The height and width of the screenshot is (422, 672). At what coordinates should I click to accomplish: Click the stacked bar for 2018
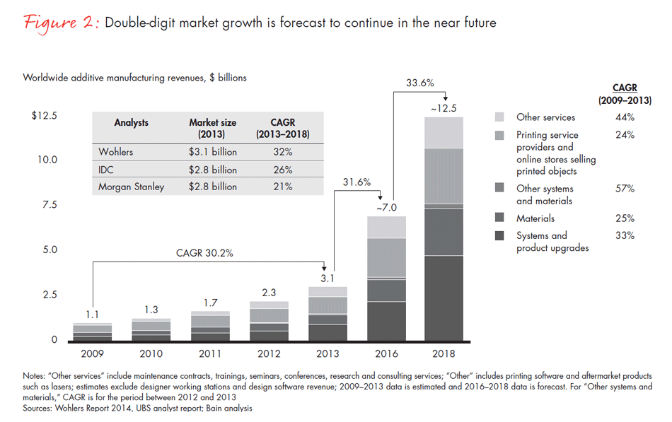444,230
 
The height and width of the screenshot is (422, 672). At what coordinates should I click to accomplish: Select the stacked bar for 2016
386,279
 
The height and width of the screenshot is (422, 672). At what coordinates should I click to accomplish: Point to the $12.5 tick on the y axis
44,116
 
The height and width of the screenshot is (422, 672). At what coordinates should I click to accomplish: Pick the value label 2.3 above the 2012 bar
270,291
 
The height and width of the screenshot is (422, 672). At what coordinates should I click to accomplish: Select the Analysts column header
132,122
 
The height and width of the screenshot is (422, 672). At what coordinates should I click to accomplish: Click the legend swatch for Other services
500,117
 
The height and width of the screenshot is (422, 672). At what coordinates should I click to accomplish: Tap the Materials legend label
535,218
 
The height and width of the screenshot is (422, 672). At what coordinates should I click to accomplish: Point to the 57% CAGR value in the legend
625,189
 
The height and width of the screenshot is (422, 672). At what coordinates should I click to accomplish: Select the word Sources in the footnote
37,408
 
